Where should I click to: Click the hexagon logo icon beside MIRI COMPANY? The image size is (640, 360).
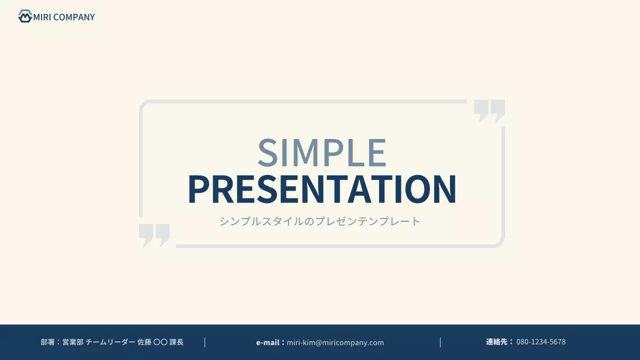pos(25,16)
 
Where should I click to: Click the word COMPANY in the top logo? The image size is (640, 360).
pos(74,17)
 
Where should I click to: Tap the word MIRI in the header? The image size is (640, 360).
pos(42,17)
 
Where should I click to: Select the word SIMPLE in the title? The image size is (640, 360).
pos(322,152)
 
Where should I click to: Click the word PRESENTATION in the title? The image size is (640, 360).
pos(322,189)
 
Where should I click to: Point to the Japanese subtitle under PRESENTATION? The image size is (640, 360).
pos(320,221)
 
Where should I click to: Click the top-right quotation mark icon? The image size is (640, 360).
pos(489,110)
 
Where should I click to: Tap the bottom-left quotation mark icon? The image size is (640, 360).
pos(154,235)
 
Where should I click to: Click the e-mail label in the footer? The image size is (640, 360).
pos(268,342)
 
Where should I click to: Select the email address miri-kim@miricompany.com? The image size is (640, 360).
pos(335,342)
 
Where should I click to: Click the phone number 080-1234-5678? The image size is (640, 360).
pos(541,342)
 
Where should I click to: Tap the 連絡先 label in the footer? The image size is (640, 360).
pos(496,342)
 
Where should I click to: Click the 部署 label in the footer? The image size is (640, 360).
pos(47,342)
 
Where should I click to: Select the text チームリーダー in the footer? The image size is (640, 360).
pos(110,342)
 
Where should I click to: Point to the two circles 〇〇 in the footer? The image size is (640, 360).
pos(160,342)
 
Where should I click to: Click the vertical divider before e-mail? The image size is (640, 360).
pos(205,342)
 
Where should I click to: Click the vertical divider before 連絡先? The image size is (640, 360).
pos(440,342)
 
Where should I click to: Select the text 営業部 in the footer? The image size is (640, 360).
pos(73,342)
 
